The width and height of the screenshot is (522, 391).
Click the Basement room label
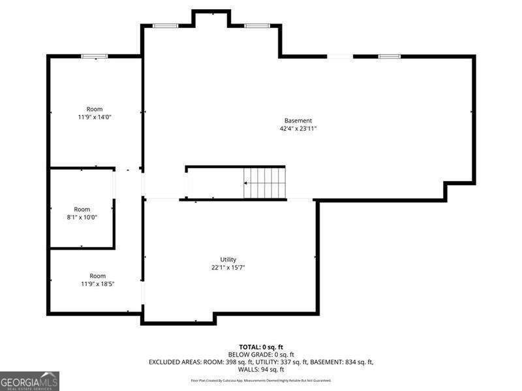(x=298, y=121)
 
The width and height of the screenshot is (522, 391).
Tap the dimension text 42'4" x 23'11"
(x=298, y=129)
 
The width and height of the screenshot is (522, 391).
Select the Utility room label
(x=228, y=259)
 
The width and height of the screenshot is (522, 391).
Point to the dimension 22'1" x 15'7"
(x=228, y=268)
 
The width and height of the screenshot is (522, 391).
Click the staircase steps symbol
(x=265, y=183)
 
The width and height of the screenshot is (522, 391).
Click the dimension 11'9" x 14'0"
(x=95, y=117)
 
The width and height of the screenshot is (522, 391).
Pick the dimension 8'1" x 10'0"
(x=82, y=218)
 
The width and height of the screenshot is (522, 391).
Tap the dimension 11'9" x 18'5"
(x=97, y=284)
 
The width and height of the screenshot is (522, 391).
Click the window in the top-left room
(x=95, y=57)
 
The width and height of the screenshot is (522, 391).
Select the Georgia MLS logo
(x=29, y=381)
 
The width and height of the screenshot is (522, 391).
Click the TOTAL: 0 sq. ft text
(x=261, y=347)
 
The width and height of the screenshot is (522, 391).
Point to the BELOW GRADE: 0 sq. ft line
(x=261, y=355)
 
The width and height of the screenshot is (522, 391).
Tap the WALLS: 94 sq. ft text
(x=261, y=369)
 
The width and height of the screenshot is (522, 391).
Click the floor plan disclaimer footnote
(x=261, y=380)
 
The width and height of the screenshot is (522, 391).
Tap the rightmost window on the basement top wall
(x=389, y=57)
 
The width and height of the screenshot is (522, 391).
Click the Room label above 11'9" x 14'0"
(x=95, y=109)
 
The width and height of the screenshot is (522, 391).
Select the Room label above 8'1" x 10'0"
(x=82, y=209)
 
